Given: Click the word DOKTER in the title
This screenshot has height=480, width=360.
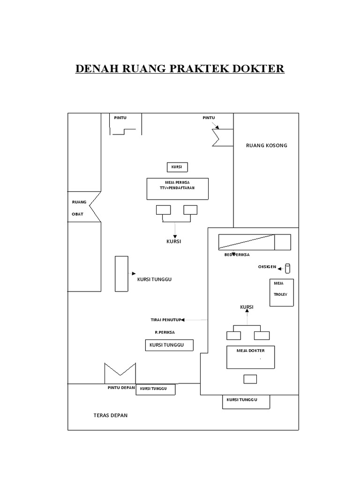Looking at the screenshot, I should click(x=256, y=69).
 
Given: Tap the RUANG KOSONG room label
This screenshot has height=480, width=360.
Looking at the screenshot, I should click(x=266, y=145).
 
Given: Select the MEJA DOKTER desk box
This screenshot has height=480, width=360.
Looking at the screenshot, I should click(x=251, y=358).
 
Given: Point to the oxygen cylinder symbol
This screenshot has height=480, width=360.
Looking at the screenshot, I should click(x=288, y=268).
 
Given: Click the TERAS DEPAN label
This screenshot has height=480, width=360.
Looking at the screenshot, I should click(x=110, y=415).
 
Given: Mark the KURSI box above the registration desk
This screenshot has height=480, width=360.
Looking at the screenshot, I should click(x=177, y=167).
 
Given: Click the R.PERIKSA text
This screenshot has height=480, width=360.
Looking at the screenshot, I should click(x=165, y=333).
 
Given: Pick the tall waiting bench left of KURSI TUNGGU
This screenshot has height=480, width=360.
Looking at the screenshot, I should click(x=122, y=273).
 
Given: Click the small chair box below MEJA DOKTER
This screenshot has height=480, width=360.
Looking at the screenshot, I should click(x=250, y=379).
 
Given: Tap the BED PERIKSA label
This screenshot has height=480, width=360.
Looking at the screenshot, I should click(x=237, y=255).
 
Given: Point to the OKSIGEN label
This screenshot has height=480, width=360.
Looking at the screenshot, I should click(x=267, y=268).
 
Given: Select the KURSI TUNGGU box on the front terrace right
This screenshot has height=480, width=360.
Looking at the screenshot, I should click(x=246, y=401).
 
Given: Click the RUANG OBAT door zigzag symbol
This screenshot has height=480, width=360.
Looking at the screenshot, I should click(x=94, y=207).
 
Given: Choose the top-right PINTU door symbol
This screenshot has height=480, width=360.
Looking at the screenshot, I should click(x=220, y=136).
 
